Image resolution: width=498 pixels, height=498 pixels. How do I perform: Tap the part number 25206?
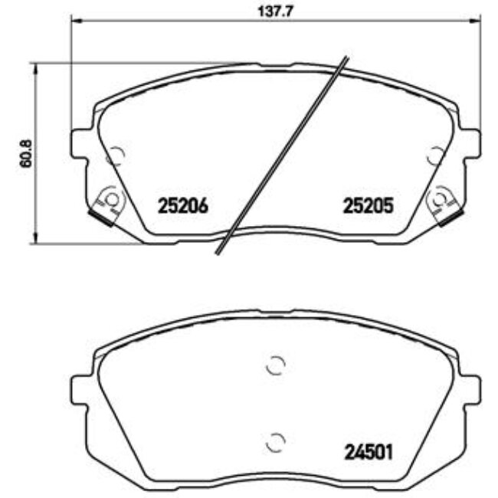click(x=182, y=205)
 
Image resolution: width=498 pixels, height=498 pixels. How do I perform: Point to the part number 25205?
click(x=367, y=205)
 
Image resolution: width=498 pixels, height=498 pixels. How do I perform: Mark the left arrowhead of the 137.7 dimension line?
click(x=74, y=22)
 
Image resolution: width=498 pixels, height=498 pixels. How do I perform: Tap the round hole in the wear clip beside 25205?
click(x=438, y=200)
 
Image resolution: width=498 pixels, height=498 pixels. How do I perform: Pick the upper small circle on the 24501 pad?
click(x=274, y=366)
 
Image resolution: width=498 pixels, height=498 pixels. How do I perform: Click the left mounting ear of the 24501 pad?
click(x=81, y=392)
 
